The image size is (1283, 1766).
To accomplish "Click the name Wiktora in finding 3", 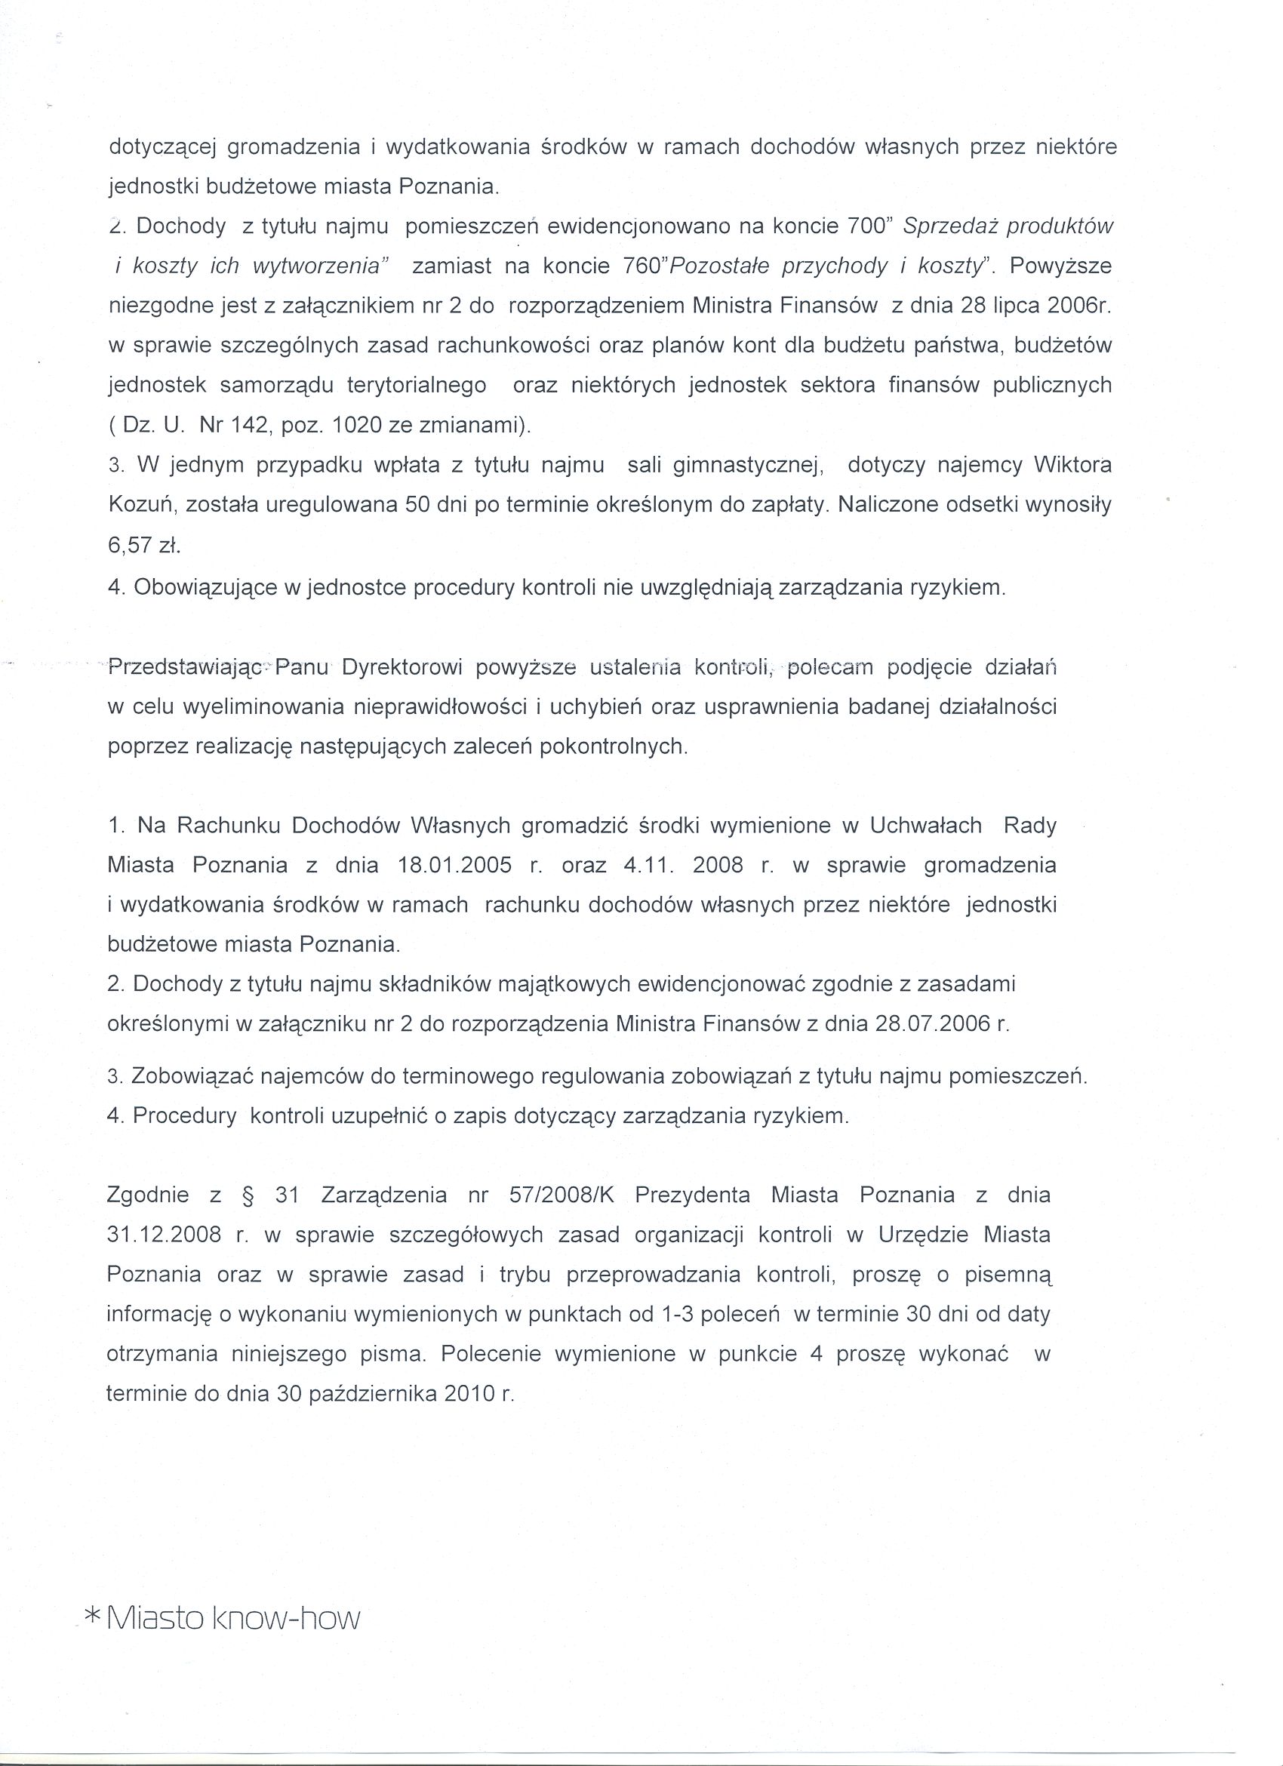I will coord(1072,465).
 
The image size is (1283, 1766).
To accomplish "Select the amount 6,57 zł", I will coord(144,545).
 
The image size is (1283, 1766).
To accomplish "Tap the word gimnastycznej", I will coord(748,466).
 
